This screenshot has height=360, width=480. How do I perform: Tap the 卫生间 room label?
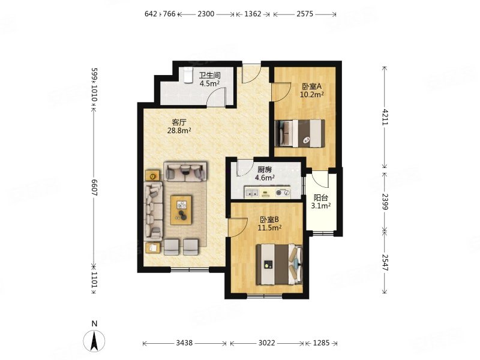[x=209, y=76]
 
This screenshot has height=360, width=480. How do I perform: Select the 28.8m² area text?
[x=179, y=131]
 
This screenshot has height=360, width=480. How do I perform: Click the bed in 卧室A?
[x=300, y=133]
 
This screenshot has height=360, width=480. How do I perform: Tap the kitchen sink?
[x=252, y=193]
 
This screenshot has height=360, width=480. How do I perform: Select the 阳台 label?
[x=321, y=198]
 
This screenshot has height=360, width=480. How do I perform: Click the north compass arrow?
[x=95, y=340]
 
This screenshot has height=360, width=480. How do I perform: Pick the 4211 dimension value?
[x=385, y=117]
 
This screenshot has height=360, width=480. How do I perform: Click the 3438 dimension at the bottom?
[x=184, y=343]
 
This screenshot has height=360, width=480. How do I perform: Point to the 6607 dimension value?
[x=94, y=188]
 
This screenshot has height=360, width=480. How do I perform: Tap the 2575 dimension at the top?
[x=305, y=14]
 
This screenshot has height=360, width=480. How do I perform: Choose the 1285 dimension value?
[x=321, y=343]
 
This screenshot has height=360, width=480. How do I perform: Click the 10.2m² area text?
[x=312, y=94]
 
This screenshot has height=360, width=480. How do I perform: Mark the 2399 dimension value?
[x=385, y=202]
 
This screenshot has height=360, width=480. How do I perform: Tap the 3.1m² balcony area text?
[x=321, y=206]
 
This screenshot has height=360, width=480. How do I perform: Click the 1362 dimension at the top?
[x=253, y=14]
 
